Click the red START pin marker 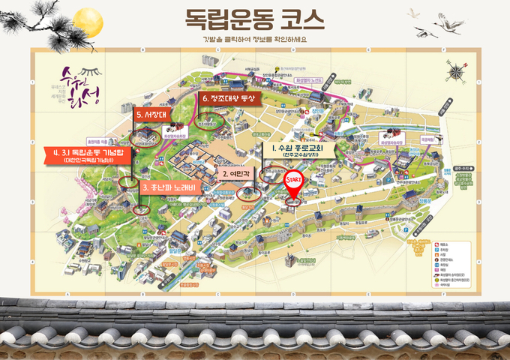pyautogui.click(x=295, y=183)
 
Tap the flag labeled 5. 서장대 pyautogui.click(x=153, y=114)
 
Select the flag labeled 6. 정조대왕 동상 pyautogui.click(x=227, y=97)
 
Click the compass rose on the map pyautogui.click(x=456, y=71)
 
